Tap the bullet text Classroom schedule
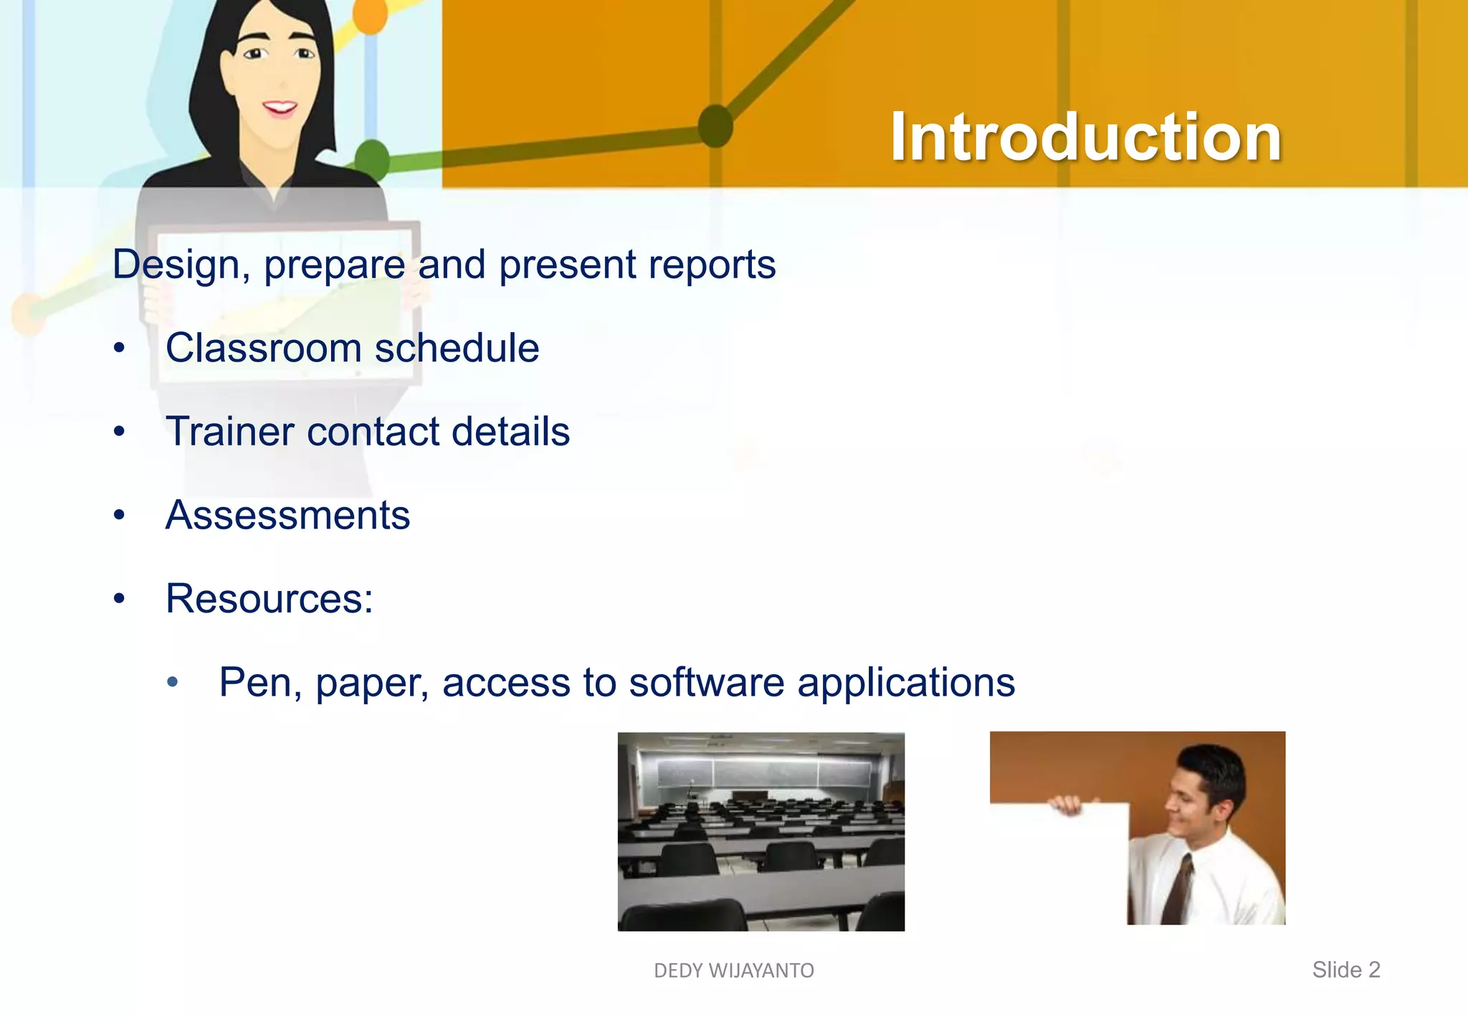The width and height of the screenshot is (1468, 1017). pos(352,349)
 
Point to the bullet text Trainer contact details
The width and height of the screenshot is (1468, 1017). pos(367,432)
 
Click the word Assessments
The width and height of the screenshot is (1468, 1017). pos(287,515)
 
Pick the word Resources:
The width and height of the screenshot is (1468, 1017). pos(269,599)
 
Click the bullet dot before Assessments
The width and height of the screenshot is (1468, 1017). pos(119,515)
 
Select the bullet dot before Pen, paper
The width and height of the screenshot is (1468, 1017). pos(172,682)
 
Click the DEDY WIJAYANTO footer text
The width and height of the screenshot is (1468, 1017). pos(733,970)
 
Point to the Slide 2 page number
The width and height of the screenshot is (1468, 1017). pos(1345,970)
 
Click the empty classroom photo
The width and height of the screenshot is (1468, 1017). pos(761,832)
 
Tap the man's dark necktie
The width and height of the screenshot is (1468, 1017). pos(1178,889)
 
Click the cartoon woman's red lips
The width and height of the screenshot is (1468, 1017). pos(280,108)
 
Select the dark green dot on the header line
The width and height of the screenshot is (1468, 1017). pos(715,126)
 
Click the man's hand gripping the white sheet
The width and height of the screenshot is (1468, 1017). pos(1066,805)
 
